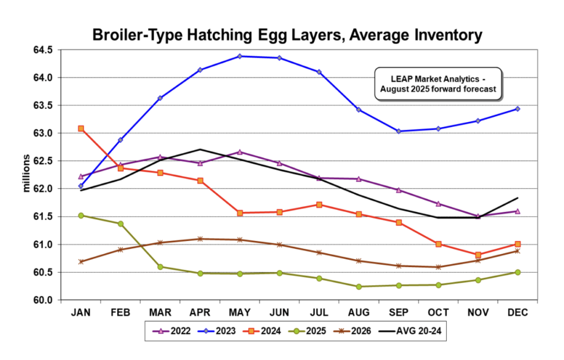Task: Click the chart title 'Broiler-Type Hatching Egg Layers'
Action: pos(287,35)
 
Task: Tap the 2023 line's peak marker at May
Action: pos(240,56)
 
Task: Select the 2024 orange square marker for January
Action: pos(81,128)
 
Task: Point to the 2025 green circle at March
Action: pos(160,266)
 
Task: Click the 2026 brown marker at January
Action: pos(81,261)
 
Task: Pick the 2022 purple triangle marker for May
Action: pos(240,151)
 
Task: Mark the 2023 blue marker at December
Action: pos(518,109)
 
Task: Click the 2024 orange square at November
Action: pos(478,255)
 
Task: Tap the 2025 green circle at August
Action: pos(359,286)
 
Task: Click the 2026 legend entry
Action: pos(359,331)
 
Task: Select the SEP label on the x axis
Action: pos(398,313)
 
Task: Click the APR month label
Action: pos(200,313)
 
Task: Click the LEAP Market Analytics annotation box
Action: pos(438,84)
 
